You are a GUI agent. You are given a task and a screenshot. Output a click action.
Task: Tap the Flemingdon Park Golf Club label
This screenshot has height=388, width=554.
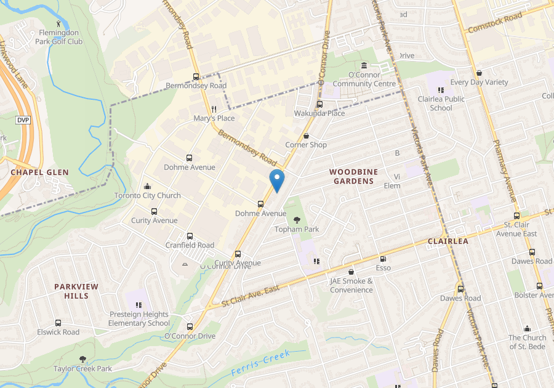pyautogui.click(x=59, y=37)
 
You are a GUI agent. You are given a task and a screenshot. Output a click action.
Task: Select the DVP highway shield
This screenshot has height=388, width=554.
pyautogui.click(x=23, y=120)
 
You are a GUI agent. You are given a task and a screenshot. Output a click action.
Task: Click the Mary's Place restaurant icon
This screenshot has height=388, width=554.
pyautogui.click(x=214, y=108)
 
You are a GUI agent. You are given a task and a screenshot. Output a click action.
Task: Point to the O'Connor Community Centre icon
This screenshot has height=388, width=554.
pyautogui.click(x=364, y=66)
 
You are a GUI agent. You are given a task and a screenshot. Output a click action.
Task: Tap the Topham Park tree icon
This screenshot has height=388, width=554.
pyautogui.click(x=297, y=219)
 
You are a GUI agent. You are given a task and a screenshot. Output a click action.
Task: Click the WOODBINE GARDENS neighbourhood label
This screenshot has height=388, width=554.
pyautogui.click(x=353, y=176)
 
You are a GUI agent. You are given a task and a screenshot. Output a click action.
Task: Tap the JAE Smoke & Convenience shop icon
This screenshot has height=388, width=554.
pyautogui.click(x=351, y=272)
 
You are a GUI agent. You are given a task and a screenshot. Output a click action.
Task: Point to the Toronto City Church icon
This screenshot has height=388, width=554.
pyautogui.click(x=147, y=186)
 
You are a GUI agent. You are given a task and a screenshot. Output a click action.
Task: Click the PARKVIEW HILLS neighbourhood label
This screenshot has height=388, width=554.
pyautogui.click(x=80, y=291)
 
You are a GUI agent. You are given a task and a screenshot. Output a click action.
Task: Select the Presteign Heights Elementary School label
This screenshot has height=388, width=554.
pyautogui.click(x=139, y=318)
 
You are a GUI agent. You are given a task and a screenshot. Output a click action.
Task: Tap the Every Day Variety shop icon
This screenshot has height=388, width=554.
pyautogui.click(x=479, y=73)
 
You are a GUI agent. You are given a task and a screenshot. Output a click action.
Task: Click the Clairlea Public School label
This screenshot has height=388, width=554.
pyautogui.click(x=441, y=103)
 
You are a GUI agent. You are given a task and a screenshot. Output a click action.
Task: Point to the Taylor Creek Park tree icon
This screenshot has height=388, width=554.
pyautogui.click(x=82, y=359)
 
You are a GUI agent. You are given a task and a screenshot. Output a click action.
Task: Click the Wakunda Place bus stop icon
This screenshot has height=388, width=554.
pyautogui.click(x=319, y=104)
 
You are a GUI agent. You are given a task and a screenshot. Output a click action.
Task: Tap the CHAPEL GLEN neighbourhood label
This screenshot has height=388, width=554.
pyautogui.click(x=39, y=172)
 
